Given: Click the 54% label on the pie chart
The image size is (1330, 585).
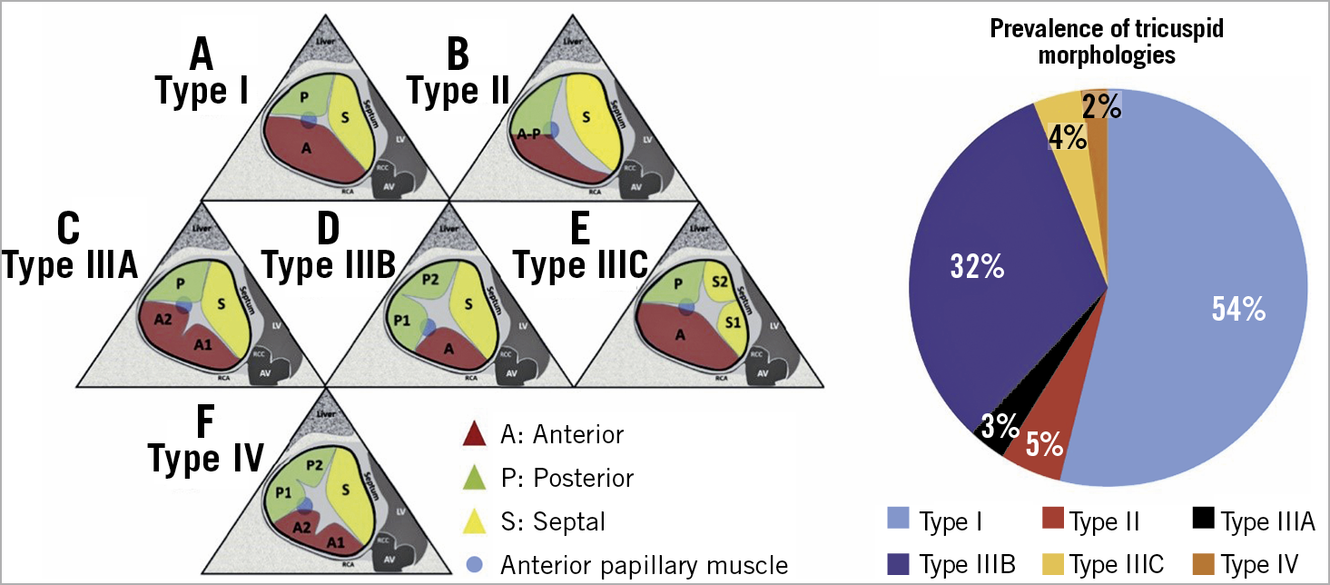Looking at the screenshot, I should coord(1238,310).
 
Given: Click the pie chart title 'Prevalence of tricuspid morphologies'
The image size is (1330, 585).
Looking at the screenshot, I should coord(1107,42).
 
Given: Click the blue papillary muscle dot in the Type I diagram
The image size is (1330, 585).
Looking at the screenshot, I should coord(309,119).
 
